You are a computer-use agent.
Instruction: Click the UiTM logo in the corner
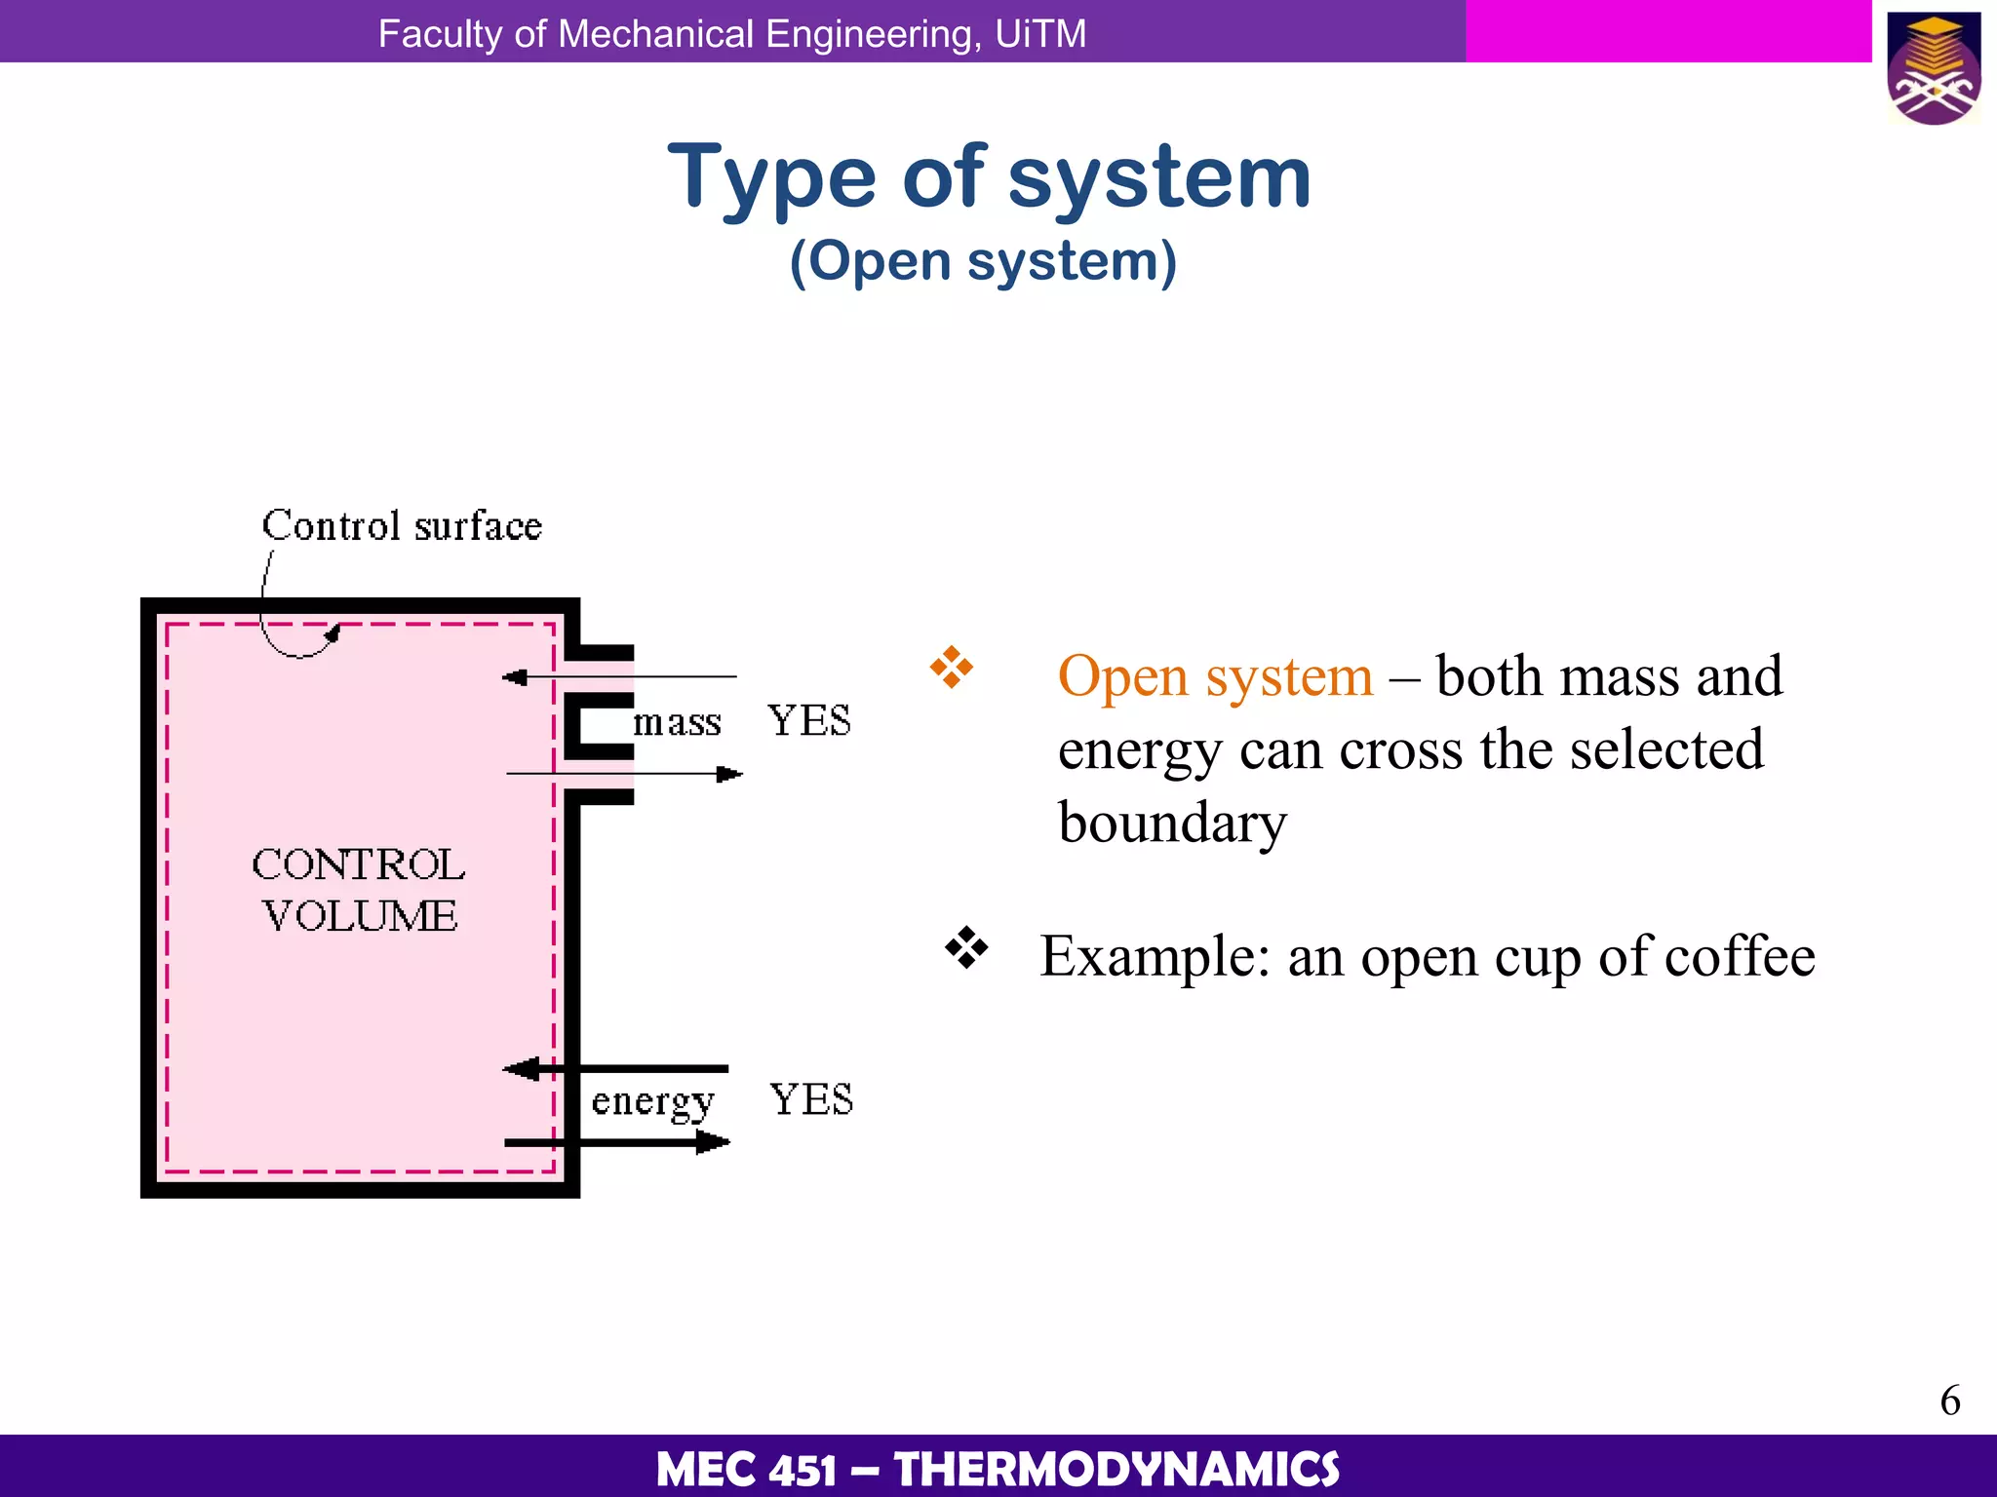coord(1934,68)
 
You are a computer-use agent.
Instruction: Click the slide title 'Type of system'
coord(989,177)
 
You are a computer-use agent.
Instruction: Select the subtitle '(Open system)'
coord(983,261)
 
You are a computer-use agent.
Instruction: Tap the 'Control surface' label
coord(402,526)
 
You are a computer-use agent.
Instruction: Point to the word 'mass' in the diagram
coord(677,723)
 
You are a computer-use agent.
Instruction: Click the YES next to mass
coord(808,721)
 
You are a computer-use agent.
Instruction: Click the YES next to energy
coord(810,1099)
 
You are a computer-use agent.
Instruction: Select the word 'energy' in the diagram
coord(652,1101)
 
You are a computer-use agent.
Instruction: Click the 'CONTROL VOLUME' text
coord(359,890)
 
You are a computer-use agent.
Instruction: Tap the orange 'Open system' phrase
coord(1215,676)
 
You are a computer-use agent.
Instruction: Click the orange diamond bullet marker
coord(951,669)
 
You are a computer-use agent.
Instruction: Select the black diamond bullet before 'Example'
coord(965,947)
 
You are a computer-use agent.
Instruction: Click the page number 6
coord(1949,1401)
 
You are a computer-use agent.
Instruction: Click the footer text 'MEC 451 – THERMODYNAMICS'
coord(998,1469)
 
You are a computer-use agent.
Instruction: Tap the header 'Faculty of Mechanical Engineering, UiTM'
coord(731,34)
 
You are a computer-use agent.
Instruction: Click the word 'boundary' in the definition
coord(1172,824)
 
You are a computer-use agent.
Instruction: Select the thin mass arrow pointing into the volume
coord(619,676)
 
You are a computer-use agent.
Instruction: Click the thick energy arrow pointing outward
coord(617,1142)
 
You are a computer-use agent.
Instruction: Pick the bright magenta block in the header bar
coord(1667,31)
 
